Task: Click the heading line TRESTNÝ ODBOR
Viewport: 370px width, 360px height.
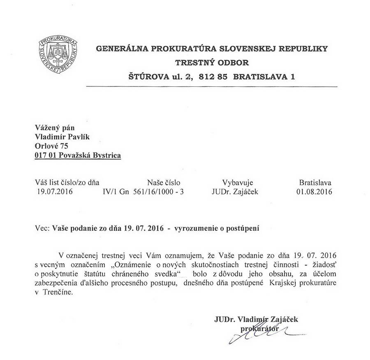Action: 212,63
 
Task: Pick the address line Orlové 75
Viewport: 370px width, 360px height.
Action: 52,146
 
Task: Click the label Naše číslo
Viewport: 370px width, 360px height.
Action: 163,182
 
